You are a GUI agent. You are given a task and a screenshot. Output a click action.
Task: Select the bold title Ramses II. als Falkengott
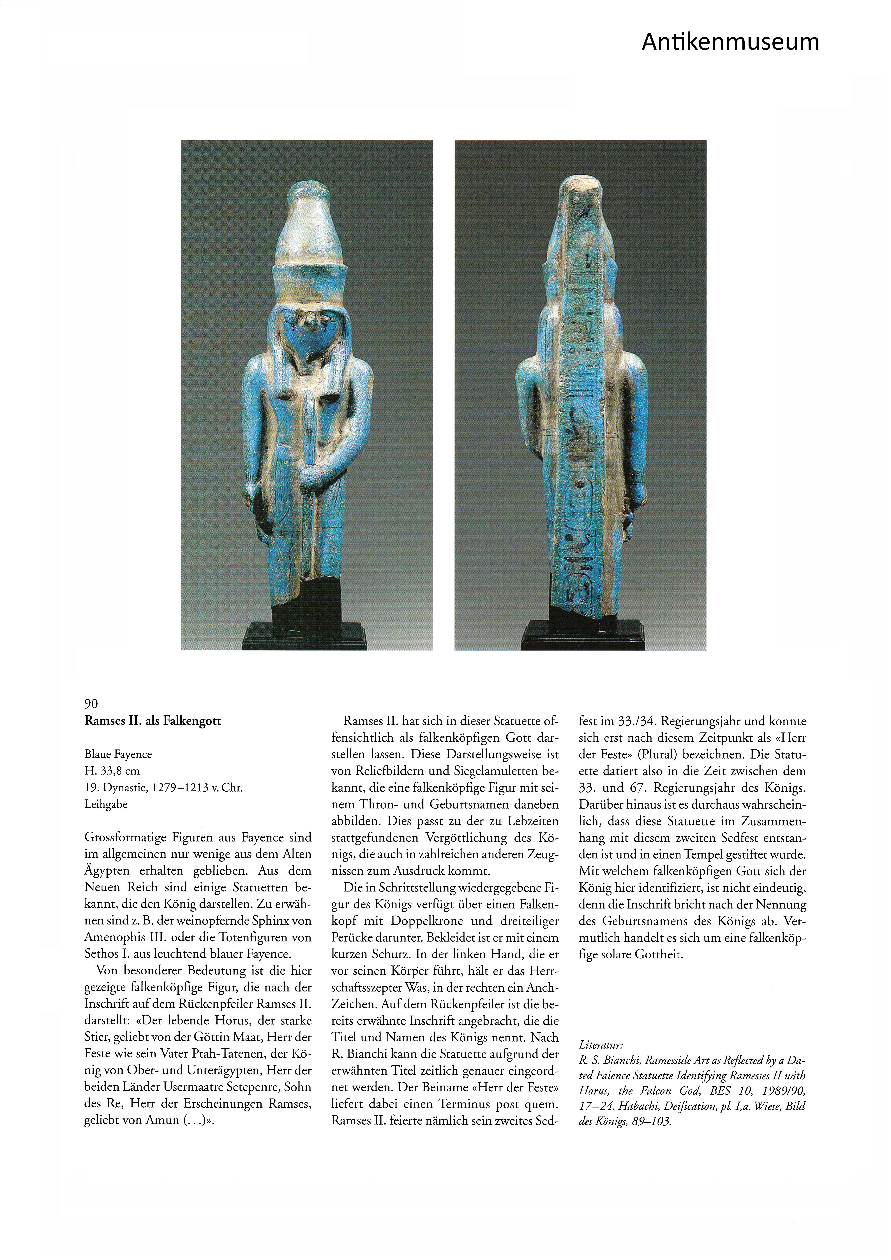point(153,721)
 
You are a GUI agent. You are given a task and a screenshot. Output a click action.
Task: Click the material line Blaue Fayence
point(118,755)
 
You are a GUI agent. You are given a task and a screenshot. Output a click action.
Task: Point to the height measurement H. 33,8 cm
point(112,771)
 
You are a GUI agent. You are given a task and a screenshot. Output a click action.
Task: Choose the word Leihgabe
point(106,804)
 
